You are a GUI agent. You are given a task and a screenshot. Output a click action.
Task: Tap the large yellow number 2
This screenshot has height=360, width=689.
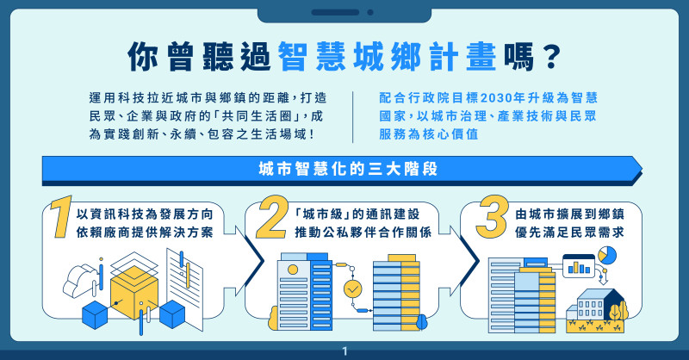(272, 217)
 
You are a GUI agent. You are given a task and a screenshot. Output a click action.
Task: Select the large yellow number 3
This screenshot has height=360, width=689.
(493, 216)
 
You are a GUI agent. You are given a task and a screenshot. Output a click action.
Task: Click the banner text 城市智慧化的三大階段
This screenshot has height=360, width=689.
(348, 169)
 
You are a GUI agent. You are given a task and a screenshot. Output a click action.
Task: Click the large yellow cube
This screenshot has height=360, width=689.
(134, 291)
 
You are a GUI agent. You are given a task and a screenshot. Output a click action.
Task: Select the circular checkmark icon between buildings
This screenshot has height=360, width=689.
(353, 289)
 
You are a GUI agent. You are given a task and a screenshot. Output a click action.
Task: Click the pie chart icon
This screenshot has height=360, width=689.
(607, 255)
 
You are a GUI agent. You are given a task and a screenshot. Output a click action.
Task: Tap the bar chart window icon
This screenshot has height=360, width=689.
(579, 265)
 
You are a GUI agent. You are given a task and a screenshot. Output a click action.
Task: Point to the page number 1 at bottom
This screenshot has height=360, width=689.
(344, 351)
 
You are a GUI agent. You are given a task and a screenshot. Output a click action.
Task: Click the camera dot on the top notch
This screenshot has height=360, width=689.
(370, 12)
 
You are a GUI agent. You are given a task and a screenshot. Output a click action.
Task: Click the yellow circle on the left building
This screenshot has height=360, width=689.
(293, 269)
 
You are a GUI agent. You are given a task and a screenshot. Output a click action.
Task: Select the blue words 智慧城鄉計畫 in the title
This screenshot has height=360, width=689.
(387, 56)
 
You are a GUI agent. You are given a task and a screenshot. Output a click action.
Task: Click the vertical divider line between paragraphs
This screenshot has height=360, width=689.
(352, 117)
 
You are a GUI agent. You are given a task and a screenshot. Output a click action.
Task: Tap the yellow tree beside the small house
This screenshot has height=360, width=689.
(618, 310)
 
